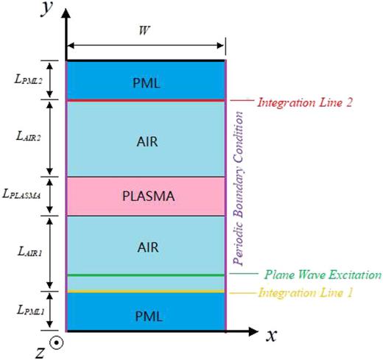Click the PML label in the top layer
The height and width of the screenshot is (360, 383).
tap(145, 82)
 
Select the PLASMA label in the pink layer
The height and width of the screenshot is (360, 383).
tap(145, 197)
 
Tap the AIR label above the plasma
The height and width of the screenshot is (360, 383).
tap(146, 139)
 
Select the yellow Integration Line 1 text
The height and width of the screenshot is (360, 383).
tap(305, 293)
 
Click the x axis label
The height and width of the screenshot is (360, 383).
tap(271, 336)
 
